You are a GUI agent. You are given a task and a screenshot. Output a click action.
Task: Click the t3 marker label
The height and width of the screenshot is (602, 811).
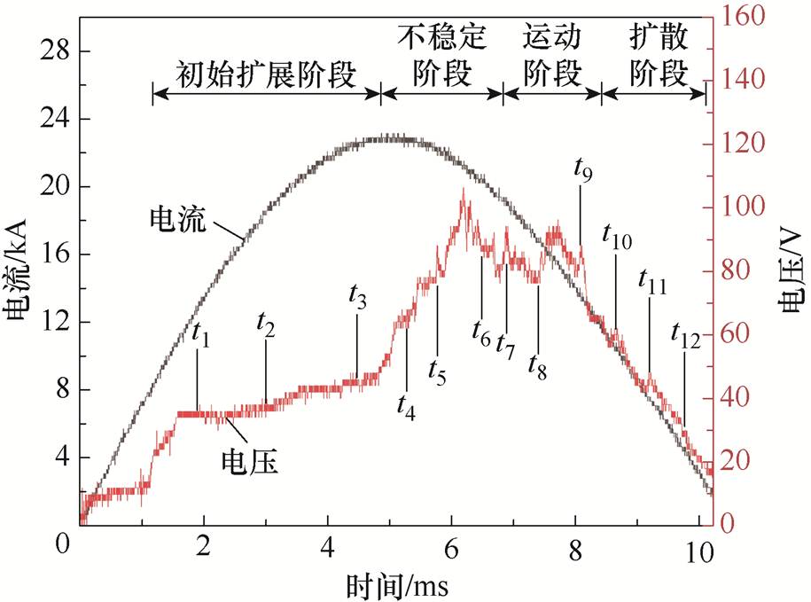pos(357,299)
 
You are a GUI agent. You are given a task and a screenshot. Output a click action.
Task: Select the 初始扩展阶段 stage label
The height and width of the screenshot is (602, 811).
pos(266,74)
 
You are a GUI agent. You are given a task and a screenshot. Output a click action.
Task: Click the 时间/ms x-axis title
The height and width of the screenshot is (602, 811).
pos(390,584)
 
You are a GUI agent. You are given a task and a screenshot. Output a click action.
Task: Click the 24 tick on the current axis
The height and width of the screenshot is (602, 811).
pos(54,120)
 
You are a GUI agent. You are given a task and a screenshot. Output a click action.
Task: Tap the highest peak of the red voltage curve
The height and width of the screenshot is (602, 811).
pos(463,191)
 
